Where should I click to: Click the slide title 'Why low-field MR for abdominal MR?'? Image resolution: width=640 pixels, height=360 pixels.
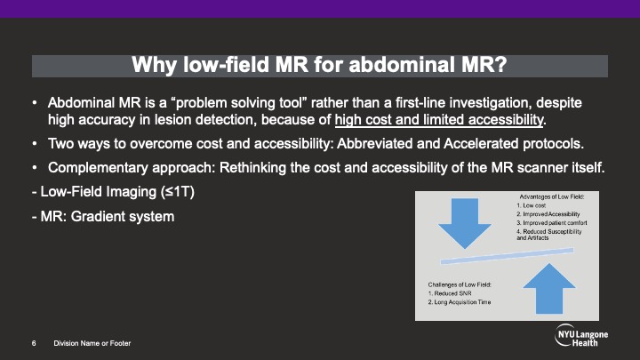pyautogui.click(x=319, y=65)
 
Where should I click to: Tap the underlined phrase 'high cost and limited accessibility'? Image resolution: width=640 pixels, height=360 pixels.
pyautogui.click(x=439, y=120)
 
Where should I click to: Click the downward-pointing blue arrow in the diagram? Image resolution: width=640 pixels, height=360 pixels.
pyautogui.click(x=465, y=223)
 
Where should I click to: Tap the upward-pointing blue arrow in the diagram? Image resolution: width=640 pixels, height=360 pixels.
pyautogui.click(x=549, y=289)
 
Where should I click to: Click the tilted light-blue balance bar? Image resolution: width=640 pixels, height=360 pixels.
pyautogui.click(x=507, y=256)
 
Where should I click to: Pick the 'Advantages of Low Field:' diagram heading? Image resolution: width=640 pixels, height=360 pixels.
pyautogui.click(x=551, y=196)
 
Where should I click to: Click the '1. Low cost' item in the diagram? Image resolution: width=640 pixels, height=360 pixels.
pyautogui.click(x=531, y=205)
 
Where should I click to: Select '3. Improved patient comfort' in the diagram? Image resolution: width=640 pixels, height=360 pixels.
pyautogui.click(x=552, y=223)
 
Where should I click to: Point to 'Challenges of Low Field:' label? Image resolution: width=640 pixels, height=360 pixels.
pyautogui.click(x=460, y=284)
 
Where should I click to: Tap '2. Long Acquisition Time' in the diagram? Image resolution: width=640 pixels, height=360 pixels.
pyautogui.click(x=460, y=302)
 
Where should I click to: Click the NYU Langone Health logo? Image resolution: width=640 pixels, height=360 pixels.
pyautogui.click(x=581, y=335)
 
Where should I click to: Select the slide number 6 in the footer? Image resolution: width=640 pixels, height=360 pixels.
pyautogui.click(x=34, y=344)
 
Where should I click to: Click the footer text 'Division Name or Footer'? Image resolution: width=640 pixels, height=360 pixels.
pyautogui.click(x=92, y=344)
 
